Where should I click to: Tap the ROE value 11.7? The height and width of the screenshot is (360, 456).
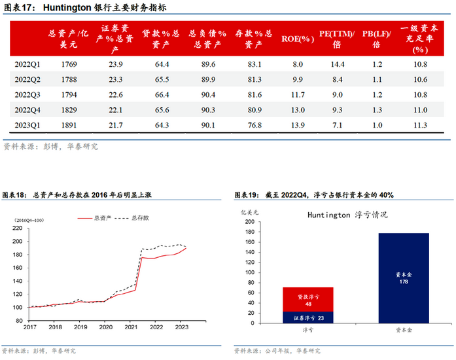pos(298,94)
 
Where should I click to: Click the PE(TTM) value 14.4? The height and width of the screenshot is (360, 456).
pos(338,64)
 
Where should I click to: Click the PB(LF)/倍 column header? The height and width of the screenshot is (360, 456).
pos(376,39)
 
